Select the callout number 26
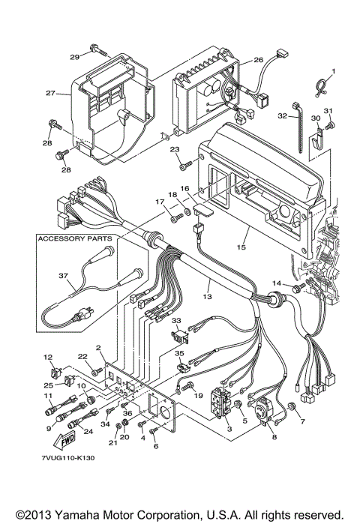(258, 59)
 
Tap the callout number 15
(241, 247)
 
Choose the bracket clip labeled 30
(319, 136)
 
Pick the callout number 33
(178, 321)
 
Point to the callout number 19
(199, 395)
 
